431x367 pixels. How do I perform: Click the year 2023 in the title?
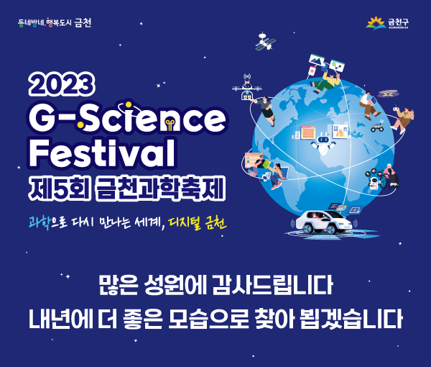[62, 83]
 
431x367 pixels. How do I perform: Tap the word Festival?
[102, 153]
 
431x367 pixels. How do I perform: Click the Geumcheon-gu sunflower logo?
[376, 23]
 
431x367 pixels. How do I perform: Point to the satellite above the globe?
[264, 42]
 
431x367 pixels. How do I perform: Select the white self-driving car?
[323, 222]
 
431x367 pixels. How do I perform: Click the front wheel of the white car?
[307, 228]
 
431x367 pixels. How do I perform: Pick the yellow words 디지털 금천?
[198, 223]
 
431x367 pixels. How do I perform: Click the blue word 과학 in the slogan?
[40, 222]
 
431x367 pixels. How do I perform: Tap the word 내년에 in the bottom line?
[61, 319]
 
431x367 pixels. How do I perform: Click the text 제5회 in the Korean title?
[60, 189]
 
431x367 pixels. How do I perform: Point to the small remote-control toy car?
[377, 127]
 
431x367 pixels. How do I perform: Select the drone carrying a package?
[246, 87]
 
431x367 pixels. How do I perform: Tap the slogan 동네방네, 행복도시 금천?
[55, 22]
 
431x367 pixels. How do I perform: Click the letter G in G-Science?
[41, 119]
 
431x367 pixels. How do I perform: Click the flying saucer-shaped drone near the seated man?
[388, 94]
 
